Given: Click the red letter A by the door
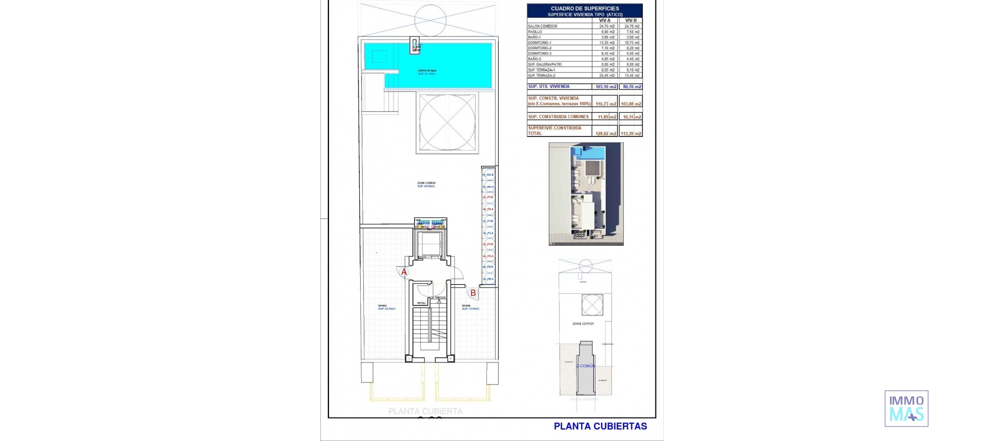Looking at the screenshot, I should (404, 272).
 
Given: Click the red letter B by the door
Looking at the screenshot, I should (473, 293).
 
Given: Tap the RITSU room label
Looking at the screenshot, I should (421, 303).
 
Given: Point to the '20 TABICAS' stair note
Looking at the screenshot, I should (438, 297).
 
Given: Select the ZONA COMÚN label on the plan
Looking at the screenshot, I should (426, 183).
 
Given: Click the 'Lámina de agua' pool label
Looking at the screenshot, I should (427, 70).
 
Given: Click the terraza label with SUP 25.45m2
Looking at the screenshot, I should (386, 307).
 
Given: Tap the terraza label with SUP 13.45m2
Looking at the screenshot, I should (470, 307).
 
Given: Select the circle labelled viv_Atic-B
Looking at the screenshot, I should (488, 175).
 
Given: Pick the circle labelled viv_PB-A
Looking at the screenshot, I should (488, 279).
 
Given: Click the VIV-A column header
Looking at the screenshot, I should (605, 21).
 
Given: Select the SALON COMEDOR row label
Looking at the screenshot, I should (542, 26).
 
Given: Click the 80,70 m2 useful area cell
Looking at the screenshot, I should (631, 87).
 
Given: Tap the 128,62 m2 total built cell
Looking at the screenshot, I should (606, 133).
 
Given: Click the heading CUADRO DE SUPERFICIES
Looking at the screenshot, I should (585, 8).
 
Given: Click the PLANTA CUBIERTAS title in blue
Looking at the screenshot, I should (600, 426).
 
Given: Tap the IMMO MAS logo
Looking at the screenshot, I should (906, 409).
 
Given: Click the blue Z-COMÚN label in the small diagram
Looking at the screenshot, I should (585, 366).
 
